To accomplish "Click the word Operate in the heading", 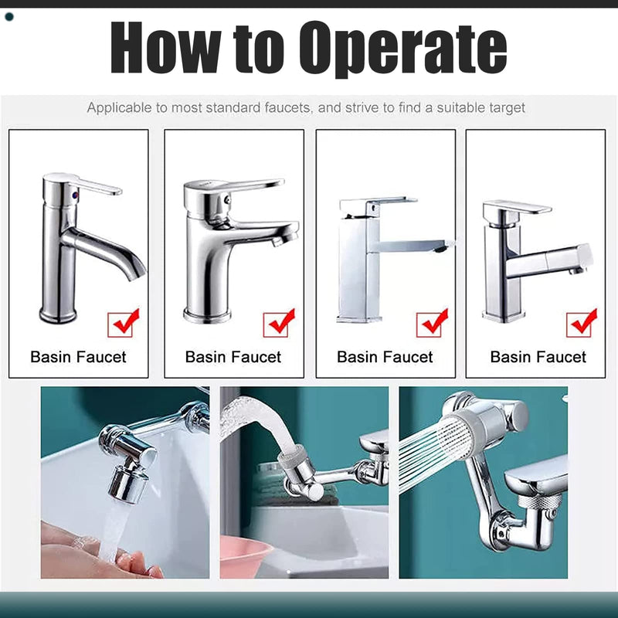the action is (x=402, y=49).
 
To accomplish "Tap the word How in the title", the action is (x=165, y=47).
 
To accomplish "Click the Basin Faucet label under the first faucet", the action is (x=78, y=357).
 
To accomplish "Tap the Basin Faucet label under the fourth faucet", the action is (x=538, y=357).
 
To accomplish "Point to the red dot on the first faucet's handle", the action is (x=75, y=194).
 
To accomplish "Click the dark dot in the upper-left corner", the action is (x=9, y=17).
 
